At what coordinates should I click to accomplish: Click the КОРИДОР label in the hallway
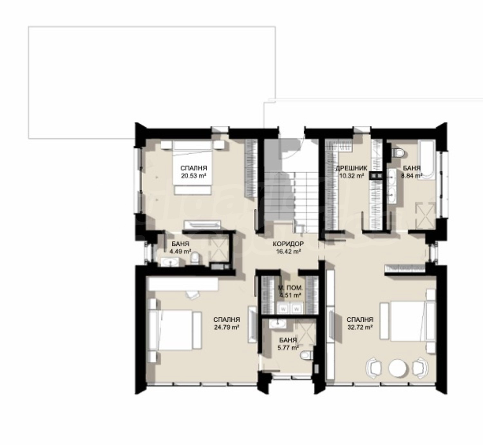(x=288, y=244)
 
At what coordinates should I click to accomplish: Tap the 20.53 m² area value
(x=194, y=175)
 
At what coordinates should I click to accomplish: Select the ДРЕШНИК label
(x=351, y=168)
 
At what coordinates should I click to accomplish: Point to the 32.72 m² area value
(x=360, y=327)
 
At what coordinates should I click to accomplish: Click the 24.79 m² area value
(x=227, y=327)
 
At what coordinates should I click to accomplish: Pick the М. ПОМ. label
(x=290, y=288)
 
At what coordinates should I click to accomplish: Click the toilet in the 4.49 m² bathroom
(x=194, y=259)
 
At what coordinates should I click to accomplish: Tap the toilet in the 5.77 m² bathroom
(x=306, y=355)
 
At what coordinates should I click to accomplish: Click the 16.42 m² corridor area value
(x=288, y=251)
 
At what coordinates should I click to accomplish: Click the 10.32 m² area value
(x=351, y=175)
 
